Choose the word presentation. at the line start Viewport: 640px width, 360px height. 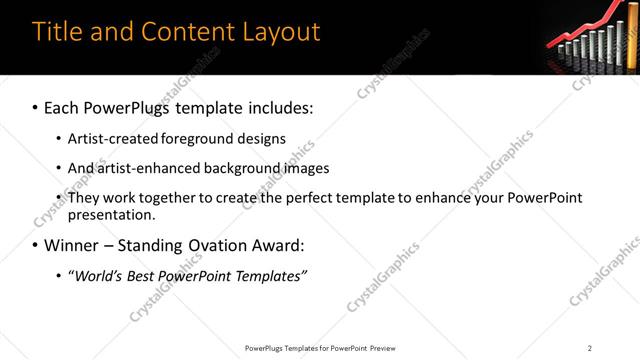pos(111,215)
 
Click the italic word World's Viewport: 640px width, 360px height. pos(94,276)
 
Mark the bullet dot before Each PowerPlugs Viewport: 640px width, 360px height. pos(35,107)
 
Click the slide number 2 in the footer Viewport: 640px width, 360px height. pos(590,348)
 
